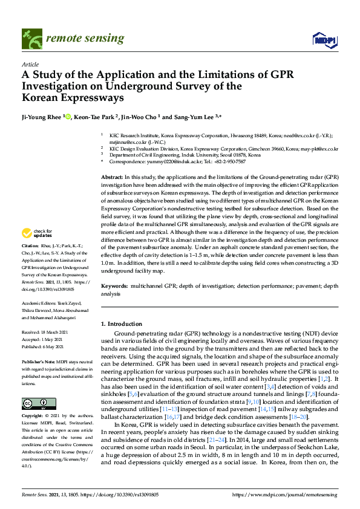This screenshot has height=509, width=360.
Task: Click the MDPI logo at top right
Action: (325, 40)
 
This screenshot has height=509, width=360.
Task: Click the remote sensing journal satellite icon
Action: (31, 39)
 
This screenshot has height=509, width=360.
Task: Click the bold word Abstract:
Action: (114, 175)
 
